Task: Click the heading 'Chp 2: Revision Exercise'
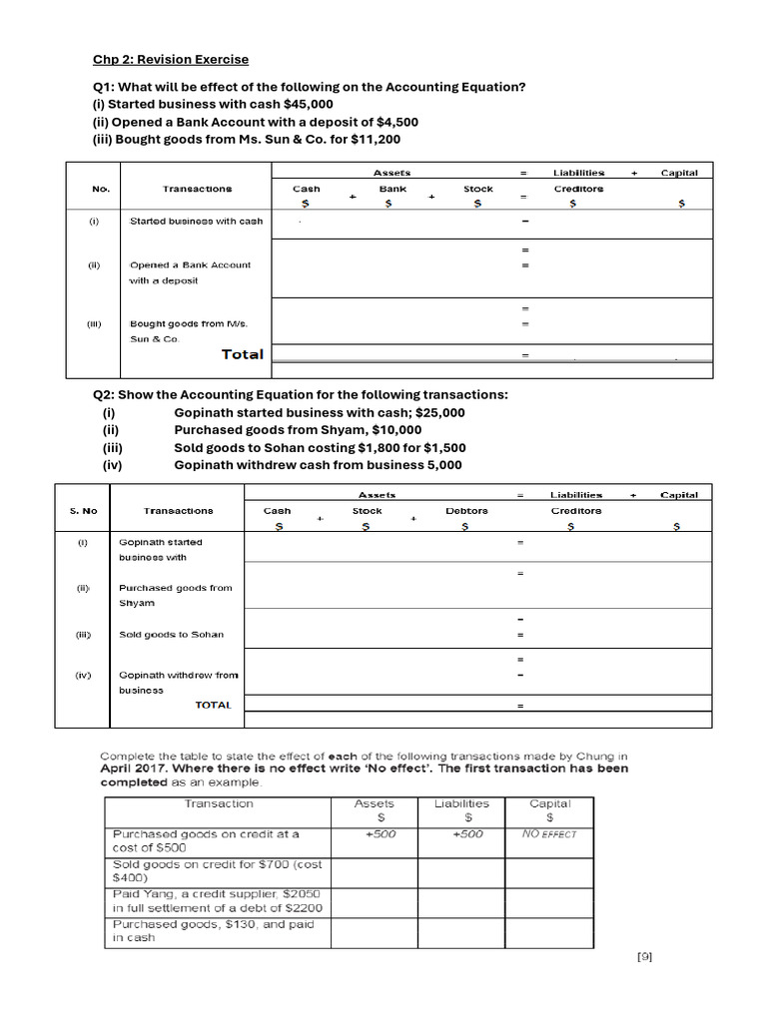[x=171, y=60]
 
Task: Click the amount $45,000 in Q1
[x=309, y=104]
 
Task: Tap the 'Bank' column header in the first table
[x=392, y=188]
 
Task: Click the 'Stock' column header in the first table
[x=478, y=188]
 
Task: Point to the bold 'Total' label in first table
[x=242, y=354]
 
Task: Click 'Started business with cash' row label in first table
[x=197, y=221]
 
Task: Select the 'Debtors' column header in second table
[x=466, y=510]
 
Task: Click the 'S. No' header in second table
[x=84, y=510]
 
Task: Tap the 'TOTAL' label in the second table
[x=213, y=705]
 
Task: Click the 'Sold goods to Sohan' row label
[x=171, y=635]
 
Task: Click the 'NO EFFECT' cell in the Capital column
[x=549, y=833]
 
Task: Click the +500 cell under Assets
[x=375, y=833]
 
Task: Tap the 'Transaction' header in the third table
[x=219, y=803]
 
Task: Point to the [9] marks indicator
[x=644, y=957]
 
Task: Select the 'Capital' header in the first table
[x=679, y=173]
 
